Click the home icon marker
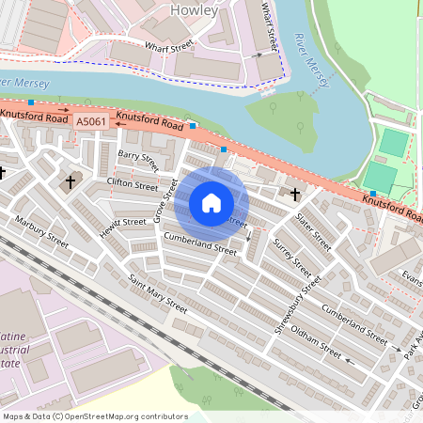[x=211, y=203]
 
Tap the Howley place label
[x=195, y=10]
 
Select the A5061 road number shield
[x=91, y=120]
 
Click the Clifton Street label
[x=133, y=185]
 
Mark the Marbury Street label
[x=42, y=232]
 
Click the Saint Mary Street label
[x=158, y=293]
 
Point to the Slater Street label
[x=312, y=231]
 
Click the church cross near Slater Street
[x=295, y=194]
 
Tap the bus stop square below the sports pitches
[x=372, y=194]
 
